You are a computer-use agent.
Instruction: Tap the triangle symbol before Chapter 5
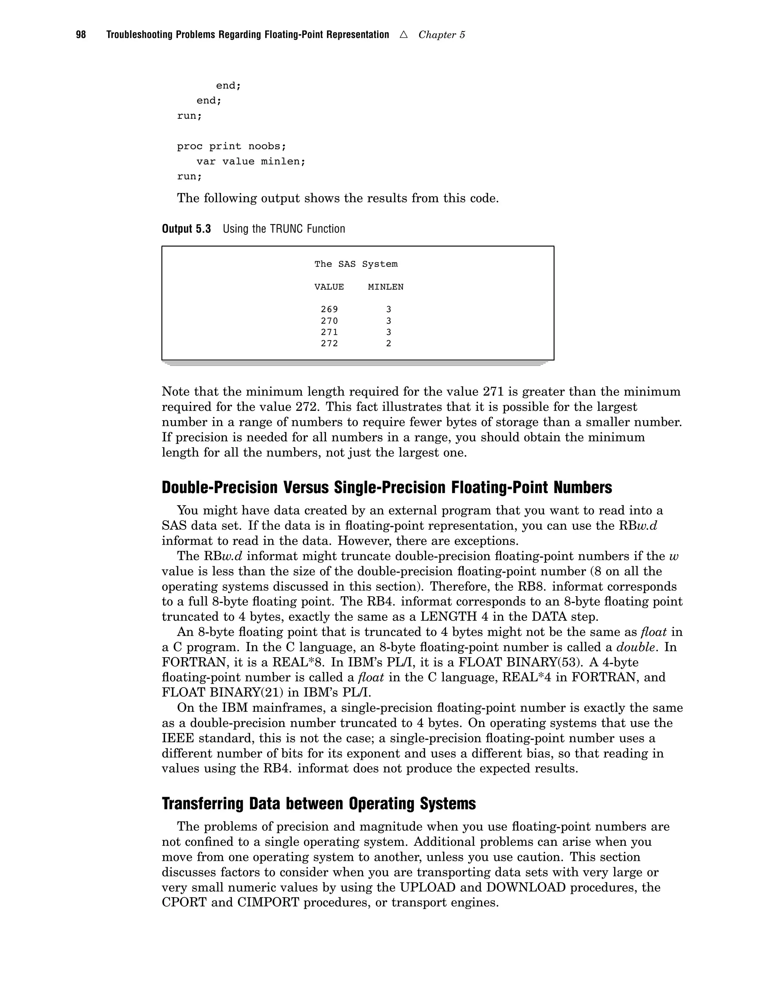[x=404, y=35]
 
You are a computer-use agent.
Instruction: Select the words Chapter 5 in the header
[x=442, y=35]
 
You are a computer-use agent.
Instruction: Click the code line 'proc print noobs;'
[x=231, y=146]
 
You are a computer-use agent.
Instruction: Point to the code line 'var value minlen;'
[x=251, y=162]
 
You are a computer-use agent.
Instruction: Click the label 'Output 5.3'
[x=186, y=229]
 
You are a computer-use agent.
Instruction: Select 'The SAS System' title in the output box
[x=356, y=264]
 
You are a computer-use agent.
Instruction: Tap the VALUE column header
[x=329, y=287]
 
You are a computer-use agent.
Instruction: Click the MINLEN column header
[x=386, y=287]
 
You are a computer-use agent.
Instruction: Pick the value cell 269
[x=329, y=310]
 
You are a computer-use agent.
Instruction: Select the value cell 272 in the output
[x=329, y=343]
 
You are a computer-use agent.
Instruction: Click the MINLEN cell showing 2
[x=388, y=343]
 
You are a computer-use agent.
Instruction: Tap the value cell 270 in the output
[x=329, y=321]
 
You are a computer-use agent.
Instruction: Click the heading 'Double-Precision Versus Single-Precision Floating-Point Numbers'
[x=387, y=487]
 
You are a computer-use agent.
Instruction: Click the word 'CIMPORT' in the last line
[x=268, y=902]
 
